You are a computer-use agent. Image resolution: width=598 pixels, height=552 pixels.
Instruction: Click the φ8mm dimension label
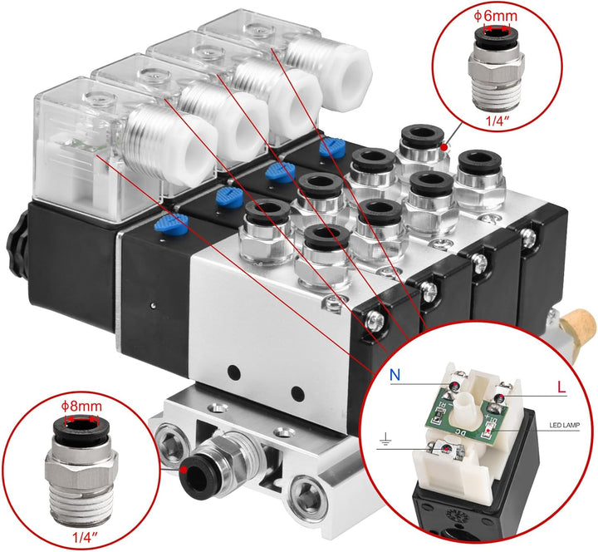[81, 407]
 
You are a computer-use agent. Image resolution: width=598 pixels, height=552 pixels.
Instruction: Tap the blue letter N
[395, 375]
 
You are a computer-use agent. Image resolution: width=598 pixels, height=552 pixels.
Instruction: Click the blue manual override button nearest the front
[172, 222]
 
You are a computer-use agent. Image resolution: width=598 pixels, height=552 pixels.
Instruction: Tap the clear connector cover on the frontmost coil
[71, 133]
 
